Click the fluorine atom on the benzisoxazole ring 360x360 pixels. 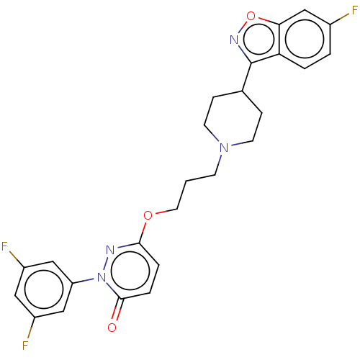coord(354,11)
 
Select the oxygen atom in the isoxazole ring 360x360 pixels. coord(251,16)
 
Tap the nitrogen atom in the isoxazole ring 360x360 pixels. coord(234,40)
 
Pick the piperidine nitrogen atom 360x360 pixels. coord(224,148)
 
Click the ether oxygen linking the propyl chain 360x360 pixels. coord(148,215)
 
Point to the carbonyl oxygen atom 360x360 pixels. coord(112,328)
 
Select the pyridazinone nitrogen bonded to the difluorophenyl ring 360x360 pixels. coord(102,277)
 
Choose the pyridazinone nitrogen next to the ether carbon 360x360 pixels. coord(110,250)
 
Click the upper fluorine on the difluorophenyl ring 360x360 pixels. coord(4,246)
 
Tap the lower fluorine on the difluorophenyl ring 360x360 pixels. coord(25,346)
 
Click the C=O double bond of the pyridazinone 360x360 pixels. coord(117,309)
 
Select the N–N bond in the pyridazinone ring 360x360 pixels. coord(106,264)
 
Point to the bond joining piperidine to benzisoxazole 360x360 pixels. coord(247,77)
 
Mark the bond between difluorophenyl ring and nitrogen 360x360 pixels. coord(83,281)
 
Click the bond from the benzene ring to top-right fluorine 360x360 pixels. coord(339,19)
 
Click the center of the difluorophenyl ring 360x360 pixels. coord(44,289)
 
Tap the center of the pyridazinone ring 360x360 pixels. coord(130,271)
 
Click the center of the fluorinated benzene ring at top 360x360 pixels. coord(305,39)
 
